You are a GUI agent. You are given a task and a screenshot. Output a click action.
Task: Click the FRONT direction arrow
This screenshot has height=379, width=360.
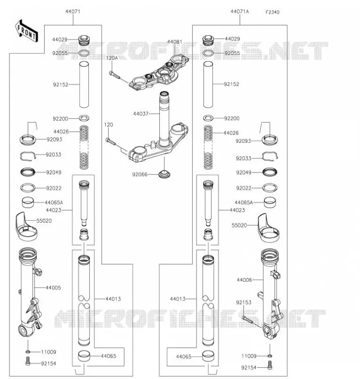(27, 31)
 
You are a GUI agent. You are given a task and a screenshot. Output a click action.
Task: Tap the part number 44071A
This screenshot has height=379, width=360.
(240, 11)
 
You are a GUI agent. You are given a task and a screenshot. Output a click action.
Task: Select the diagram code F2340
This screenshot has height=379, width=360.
(272, 12)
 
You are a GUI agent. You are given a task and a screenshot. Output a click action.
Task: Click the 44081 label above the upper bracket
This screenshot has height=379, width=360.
(175, 42)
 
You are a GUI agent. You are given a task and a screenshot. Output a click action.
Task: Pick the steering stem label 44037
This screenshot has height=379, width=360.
(141, 114)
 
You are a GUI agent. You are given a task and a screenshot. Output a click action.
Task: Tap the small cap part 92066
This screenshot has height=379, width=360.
(165, 174)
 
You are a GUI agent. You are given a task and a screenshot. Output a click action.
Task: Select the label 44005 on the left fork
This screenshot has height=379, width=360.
(53, 288)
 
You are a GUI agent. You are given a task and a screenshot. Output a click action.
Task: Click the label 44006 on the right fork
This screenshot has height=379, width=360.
(244, 280)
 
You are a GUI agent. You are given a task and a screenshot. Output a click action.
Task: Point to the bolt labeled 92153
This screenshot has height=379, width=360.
(247, 319)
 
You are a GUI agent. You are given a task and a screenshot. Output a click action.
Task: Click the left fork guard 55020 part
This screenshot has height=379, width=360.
(27, 227)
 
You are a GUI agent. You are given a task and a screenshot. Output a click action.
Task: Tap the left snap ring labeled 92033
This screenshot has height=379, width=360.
(28, 156)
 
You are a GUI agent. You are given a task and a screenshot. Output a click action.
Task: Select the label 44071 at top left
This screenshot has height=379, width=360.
(73, 11)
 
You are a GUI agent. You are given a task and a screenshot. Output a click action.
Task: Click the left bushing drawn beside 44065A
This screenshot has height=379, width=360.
(28, 203)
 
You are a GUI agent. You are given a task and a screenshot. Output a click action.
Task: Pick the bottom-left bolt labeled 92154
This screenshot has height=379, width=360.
(28, 361)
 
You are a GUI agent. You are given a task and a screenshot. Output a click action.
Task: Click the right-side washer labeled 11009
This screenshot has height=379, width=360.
(269, 356)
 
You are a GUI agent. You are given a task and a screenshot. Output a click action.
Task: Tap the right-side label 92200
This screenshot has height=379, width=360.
(232, 118)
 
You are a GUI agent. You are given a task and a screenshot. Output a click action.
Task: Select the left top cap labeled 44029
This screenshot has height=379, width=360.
(84, 40)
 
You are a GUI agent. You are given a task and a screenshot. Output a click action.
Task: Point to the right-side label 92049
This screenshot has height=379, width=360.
(244, 172)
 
